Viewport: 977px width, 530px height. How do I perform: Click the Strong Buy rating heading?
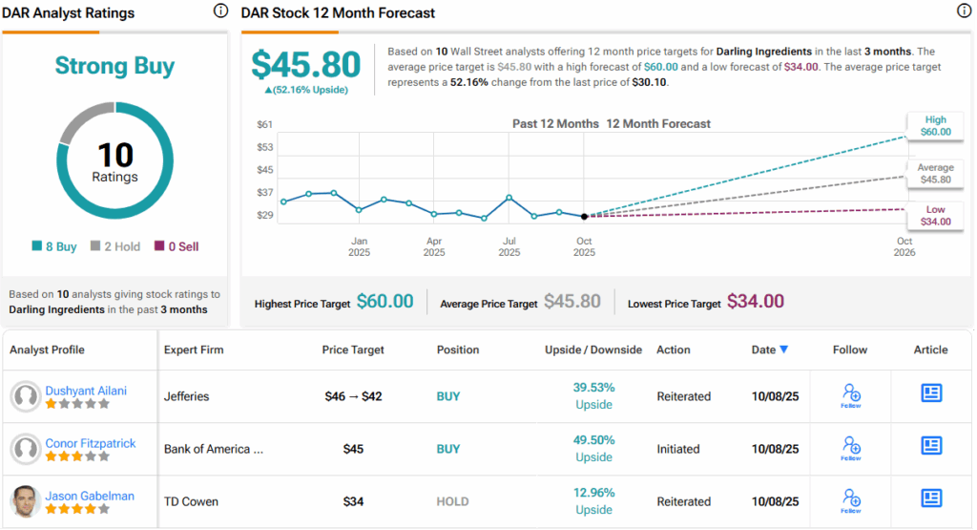click(x=114, y=66)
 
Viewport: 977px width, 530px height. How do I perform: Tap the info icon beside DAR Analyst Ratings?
click(x=220, y=11)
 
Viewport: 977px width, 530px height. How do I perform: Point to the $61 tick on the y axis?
click(x=265, y=124)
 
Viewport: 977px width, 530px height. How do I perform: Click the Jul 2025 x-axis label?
click(x=509, y=246)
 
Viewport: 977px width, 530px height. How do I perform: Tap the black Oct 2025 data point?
click(x=584, y=216)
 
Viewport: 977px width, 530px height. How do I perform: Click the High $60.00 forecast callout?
click(x=936, y=125)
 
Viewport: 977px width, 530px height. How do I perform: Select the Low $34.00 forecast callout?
click(x=936, y=215)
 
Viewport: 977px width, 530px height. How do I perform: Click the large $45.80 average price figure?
click(x=306, y=65)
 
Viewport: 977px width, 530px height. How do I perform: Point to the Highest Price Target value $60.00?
click(x=385, y=302)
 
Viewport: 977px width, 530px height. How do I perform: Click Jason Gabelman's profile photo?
click(x=26, y=501)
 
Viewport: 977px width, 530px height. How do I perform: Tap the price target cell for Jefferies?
click(x=352, y=395)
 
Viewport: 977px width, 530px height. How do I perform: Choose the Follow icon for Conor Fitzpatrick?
click(x=851, y=447)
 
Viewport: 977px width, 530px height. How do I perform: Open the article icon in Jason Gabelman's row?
click(x=930, y=498)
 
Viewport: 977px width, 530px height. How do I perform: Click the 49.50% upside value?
click(x=593, y=440)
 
